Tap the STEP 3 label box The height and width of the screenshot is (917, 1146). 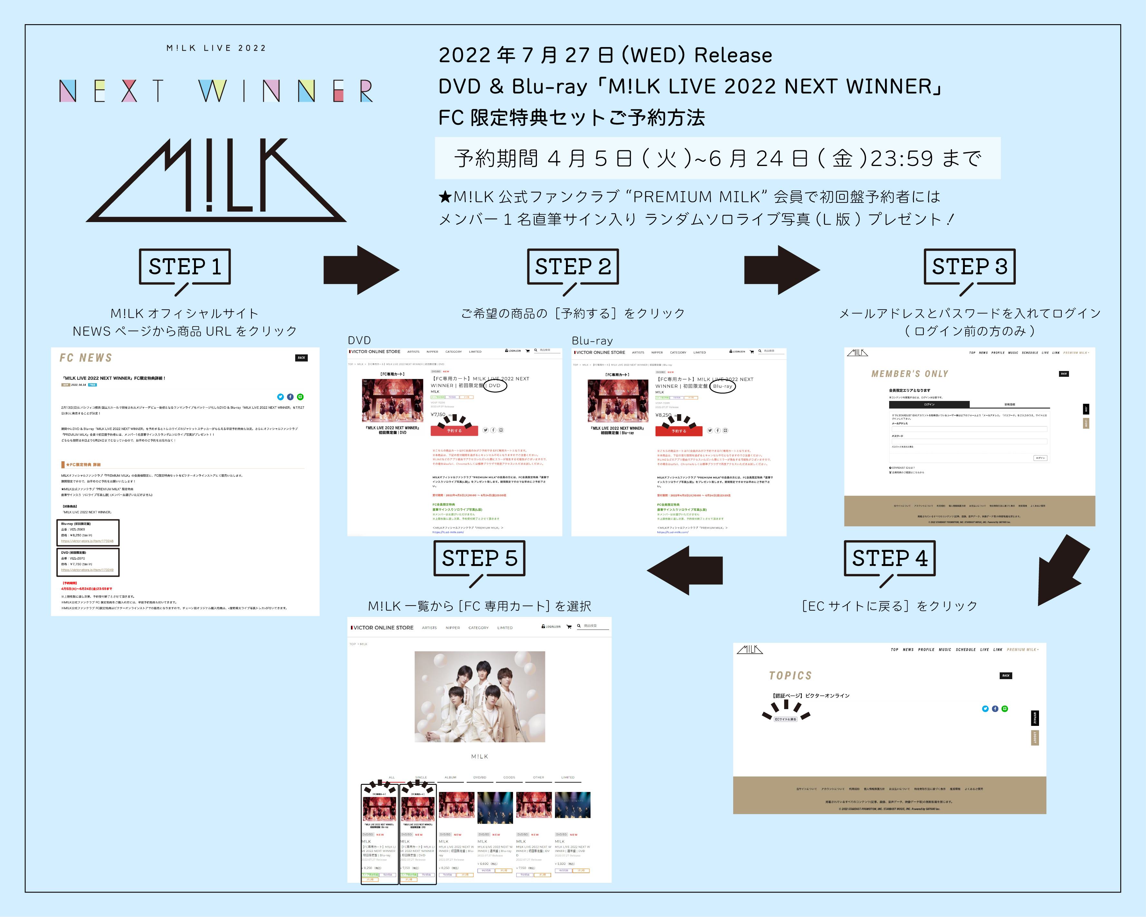pyautogui.click(x=969, y=266)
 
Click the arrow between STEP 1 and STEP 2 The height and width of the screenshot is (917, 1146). pyautogui.click(x=362, y=270)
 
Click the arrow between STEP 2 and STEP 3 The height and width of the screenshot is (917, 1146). pyautogui.click(x=782, y=270)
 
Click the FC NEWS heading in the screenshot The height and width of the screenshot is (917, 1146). pyautogui.click(x=86, y=358)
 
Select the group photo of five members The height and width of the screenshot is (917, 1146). pyautogui.click(x=480, y=697)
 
